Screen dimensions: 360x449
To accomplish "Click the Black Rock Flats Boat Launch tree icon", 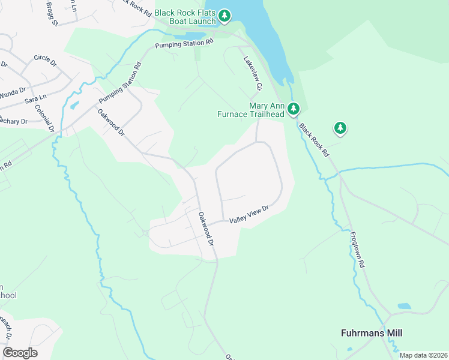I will pos(224,16).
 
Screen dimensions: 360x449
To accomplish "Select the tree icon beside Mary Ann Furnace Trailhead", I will pos(293,109).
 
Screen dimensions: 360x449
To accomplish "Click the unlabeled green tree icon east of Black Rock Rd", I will pos(340,128).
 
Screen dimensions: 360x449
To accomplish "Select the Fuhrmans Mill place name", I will pos(372,333).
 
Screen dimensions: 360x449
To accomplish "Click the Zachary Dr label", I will pos(13,121).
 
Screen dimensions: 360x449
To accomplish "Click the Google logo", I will pos(20,353).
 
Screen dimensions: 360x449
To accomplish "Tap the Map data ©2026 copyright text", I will pos(423,355).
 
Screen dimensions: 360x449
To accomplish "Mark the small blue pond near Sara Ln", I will pos(73,105).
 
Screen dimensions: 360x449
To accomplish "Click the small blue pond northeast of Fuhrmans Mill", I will pos(404,306).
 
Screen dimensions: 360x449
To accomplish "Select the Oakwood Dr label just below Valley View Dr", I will pos(206,229).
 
